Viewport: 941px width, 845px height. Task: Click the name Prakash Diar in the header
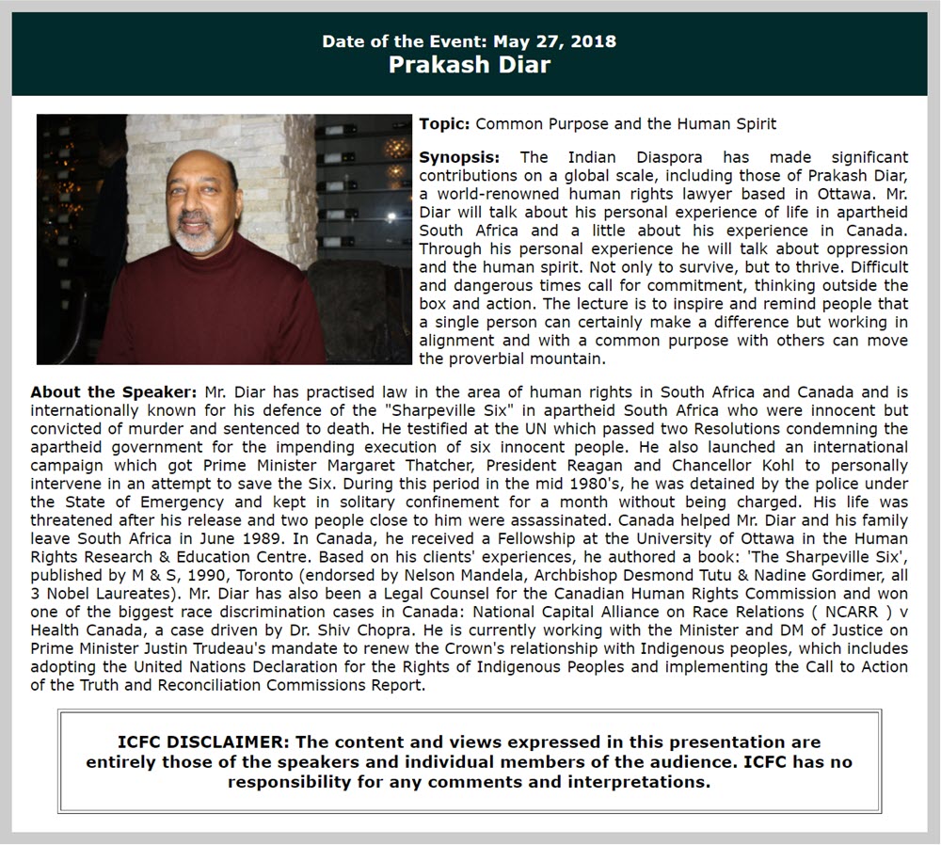point(470,65)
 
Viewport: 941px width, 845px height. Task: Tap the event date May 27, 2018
point(563,41)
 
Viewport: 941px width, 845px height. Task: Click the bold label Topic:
point(445,123)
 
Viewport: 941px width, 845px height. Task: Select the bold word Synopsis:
point(459,156)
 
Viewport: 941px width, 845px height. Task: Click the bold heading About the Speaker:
point(114,392)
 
